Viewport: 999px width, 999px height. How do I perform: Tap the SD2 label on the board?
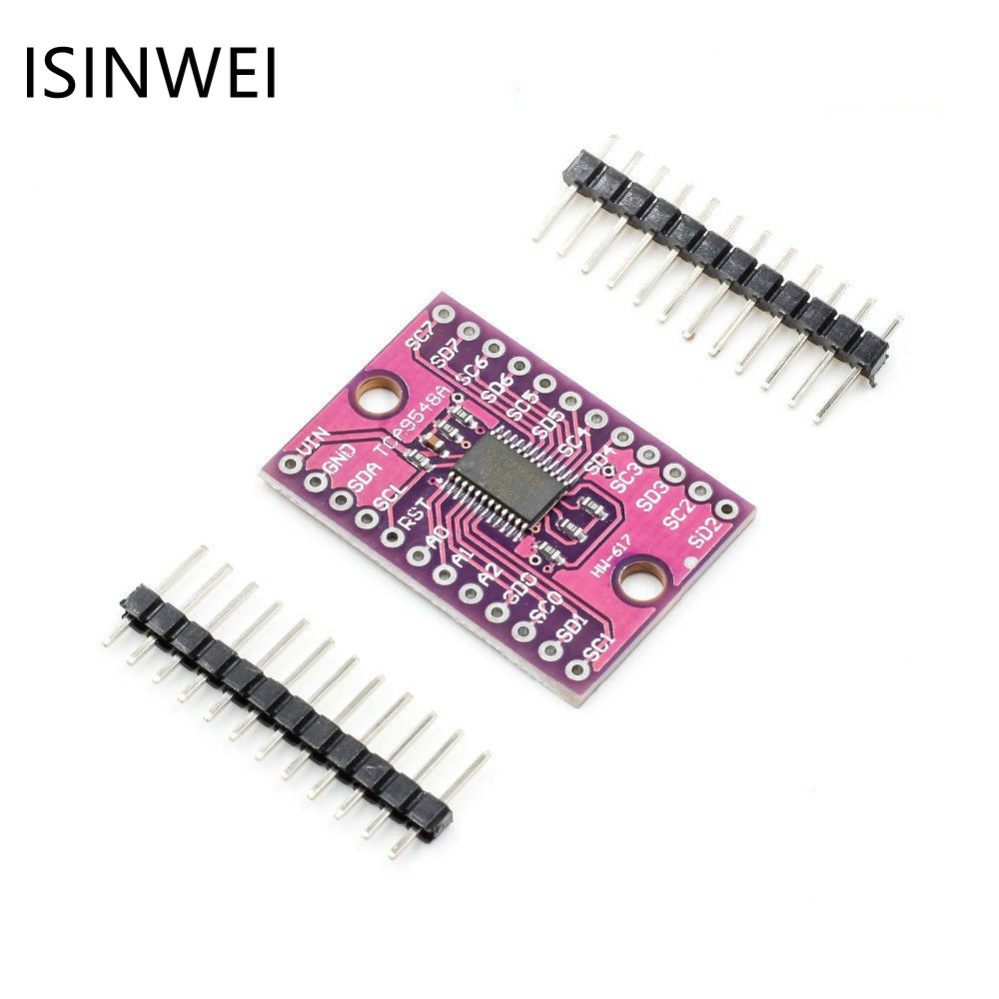tap(706, 534)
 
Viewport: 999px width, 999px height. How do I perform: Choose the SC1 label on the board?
tap(599, 649)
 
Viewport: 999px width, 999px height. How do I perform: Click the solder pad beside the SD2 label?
tap(726, 509)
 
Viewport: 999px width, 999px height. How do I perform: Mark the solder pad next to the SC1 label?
tap(576, 669)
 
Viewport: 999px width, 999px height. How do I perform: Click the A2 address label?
tap(488, 576)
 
